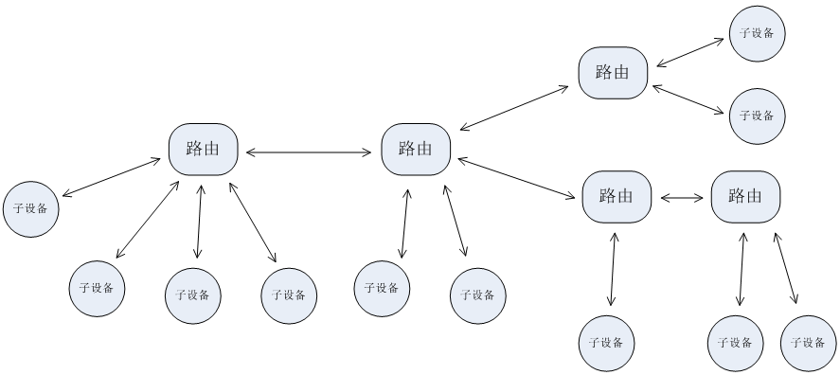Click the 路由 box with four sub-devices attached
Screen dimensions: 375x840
(x=204, y=149)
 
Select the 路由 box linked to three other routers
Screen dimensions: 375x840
(x=416, y=149)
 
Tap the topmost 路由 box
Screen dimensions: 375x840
(x=613, y=73)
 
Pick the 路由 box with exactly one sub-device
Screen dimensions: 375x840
(x=617, y=197)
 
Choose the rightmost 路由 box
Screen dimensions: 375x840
(x=745, y=197)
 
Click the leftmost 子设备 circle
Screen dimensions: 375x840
(x=31, y=207)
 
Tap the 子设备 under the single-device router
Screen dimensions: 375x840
(x=606, y=342)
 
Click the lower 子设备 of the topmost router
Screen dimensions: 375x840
(x=757, y=116)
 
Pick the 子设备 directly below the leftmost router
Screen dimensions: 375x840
(x=193, y=294)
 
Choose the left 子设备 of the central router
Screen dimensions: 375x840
(x=382, y=288)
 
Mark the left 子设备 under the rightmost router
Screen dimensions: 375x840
(x=736, y=342)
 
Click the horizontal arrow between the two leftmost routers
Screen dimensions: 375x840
(x=310, y=151)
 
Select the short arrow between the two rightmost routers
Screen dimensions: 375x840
(x=681, y=198)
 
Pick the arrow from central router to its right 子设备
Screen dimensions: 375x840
(x=455, y=221)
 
